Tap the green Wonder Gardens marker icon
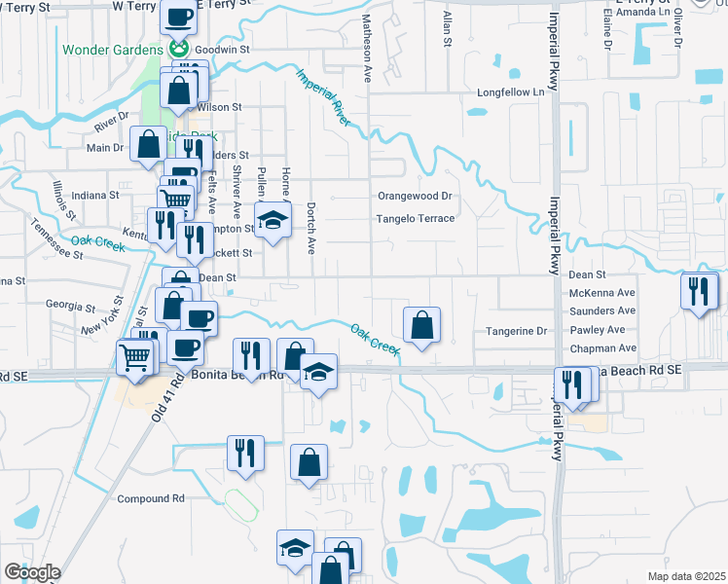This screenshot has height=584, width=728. (x=178, y=48)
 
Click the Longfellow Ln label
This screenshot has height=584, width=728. (x=509, y=92)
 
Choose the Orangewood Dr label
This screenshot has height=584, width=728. (x=417, y=196)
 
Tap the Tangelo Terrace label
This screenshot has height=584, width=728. (x=416, y=219)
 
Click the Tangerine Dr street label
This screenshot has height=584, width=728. (x=517, y=331)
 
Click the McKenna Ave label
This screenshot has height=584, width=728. (x=602, y=293)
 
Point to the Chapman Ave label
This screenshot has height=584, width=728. (x=602, y=348)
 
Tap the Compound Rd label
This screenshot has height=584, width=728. (x=151, y=499)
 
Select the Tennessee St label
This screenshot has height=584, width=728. (x=54, y=238)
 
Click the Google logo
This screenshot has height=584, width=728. (x=31, y=572)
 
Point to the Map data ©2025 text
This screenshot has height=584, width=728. (x=686, y=576)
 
